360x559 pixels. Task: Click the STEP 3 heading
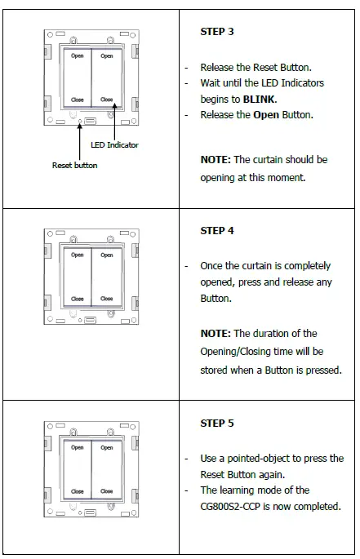(x=217, y=31)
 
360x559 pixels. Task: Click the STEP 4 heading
(x=217, y=231)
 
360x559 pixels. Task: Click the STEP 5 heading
(x=217, y=424)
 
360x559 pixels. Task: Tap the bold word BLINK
(x=260, y=98)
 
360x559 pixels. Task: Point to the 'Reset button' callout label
(x=74, y=165)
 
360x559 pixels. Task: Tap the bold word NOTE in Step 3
(x=216, y=160)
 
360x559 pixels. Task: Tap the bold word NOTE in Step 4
(x=216, y=333)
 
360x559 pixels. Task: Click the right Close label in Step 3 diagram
(x=107, y=100)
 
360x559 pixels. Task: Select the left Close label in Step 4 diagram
(x=77, y=299)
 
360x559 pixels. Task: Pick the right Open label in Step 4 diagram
(x=107, y=255)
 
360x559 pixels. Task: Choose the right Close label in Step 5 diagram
(x=107, y=491)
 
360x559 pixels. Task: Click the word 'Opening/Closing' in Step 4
(x=240, y=351)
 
